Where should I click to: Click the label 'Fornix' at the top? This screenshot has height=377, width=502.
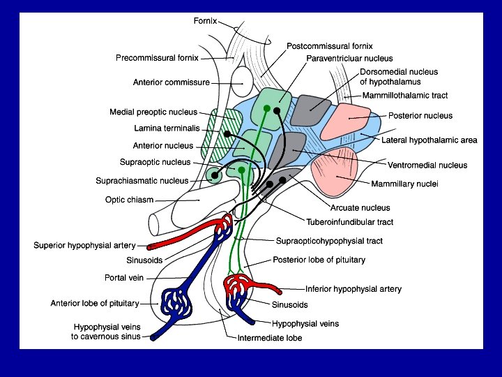206,21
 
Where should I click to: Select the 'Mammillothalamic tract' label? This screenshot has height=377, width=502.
405,96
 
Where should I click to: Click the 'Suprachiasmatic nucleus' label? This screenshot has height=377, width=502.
143,181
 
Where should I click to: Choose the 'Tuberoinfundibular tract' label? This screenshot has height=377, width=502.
350,222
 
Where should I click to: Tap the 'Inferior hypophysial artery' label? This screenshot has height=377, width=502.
353,289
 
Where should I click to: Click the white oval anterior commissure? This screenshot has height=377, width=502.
244,82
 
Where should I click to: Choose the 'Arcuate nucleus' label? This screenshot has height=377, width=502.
360,208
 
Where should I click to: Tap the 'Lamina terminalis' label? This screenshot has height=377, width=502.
167,128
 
